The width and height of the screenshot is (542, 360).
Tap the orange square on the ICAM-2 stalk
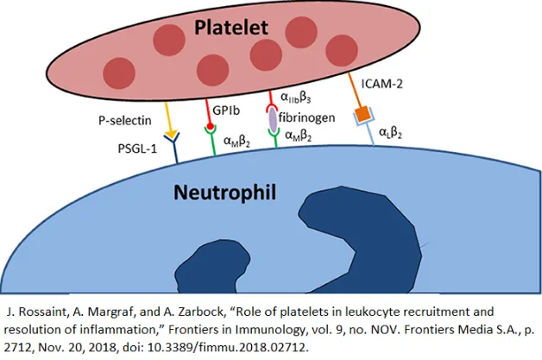364,113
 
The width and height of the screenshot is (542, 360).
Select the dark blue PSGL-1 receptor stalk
174,154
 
